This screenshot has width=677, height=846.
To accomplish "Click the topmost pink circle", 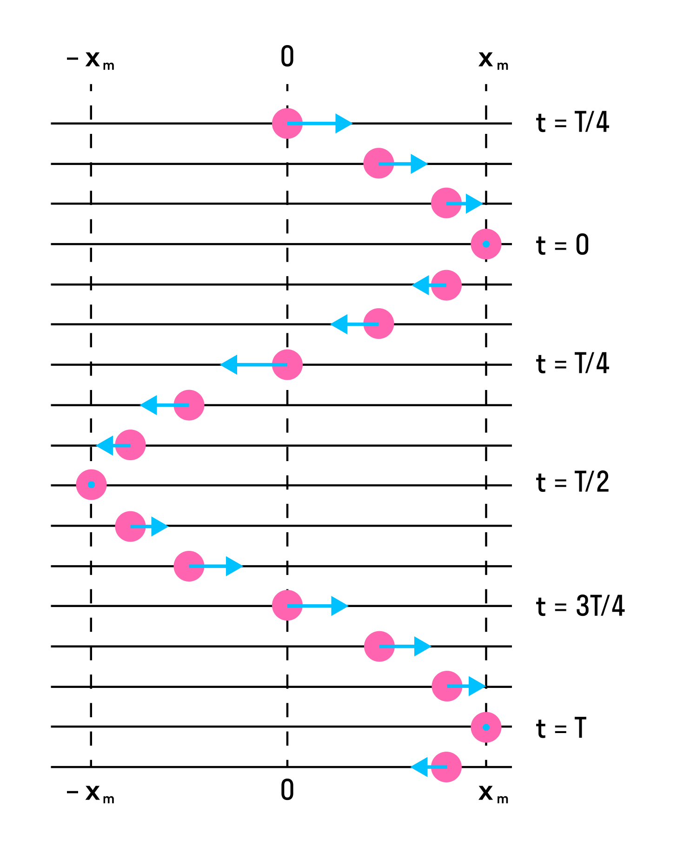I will click(x=287, y=123).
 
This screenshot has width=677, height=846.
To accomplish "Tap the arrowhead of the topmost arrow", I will click(x=345, y=123).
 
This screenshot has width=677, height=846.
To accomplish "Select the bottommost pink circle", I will click(x=446, y=767).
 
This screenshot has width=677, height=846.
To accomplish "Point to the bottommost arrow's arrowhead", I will click(x=418, y=767).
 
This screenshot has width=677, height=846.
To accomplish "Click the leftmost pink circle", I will click(x=91, y=484).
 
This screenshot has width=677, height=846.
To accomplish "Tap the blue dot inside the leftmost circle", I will click(x=91, y=484).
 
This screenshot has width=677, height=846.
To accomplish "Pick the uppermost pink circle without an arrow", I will click(x=486, y=244).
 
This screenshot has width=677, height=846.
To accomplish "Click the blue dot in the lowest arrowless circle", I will click(x=486, y=727).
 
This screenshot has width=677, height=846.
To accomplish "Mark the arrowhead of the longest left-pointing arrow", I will click(x=228, y=365).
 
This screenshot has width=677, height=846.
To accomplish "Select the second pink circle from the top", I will click(x=378, y=163).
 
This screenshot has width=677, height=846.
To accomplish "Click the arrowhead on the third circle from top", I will click(x=475, y=204).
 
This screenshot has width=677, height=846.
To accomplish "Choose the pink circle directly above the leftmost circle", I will click(x=130, y=445).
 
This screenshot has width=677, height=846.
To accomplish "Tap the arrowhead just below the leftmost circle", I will click(x=160, y=526).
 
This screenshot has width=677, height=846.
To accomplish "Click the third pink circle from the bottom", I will click(x=447, y=686).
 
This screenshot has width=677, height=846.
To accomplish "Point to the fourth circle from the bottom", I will click(x=379, y=646).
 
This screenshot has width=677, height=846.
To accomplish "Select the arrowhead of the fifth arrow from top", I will click(x=338, y=324).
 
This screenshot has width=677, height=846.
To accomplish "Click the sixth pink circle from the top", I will click(x=378, y=324).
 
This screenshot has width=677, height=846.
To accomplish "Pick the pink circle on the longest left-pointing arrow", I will click(x=287, y=364).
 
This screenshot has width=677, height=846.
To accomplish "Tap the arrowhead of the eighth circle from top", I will click(x=148, y=405).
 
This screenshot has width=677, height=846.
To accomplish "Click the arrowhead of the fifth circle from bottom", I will click(x=340, y=606).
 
